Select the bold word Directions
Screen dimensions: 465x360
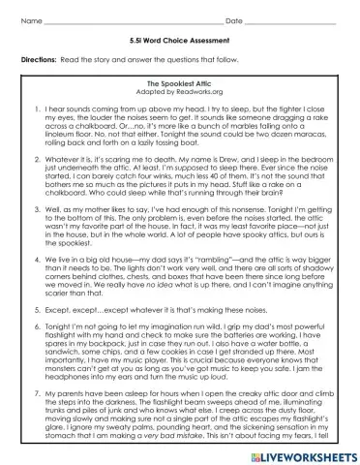click(x=39, y=60)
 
